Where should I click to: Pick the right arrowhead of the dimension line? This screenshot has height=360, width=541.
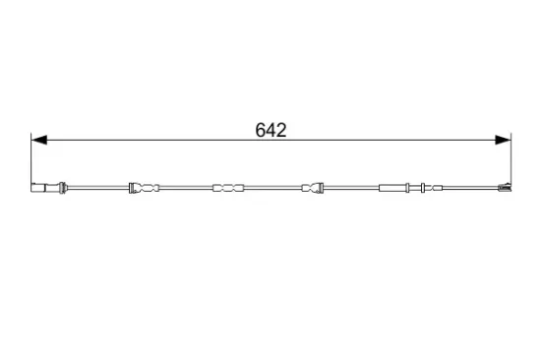point(504,142)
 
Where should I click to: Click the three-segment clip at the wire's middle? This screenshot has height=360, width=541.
point(226,187)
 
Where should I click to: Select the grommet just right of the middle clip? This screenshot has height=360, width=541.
point(313,187)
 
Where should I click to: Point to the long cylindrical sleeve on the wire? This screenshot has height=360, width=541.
point(395,187)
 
